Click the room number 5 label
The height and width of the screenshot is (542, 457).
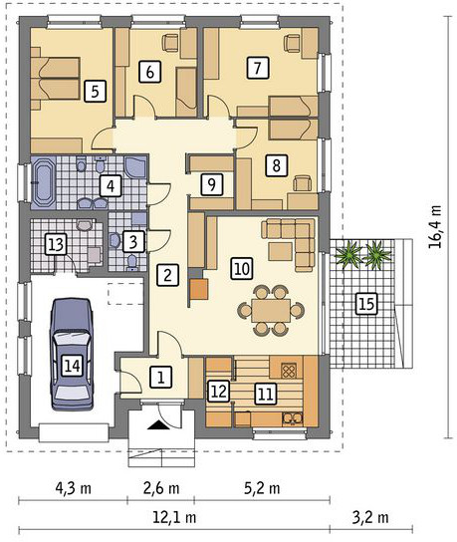coord(95,92)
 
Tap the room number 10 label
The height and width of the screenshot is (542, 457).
coord(242,268)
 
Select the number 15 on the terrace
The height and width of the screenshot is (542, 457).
coord(366,304)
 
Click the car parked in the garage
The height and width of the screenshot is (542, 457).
coord(73,355)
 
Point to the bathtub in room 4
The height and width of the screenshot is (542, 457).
coord(43,183)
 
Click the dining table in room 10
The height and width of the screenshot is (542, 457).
coord(271,310)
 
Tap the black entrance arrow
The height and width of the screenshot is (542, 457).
coord(158,425)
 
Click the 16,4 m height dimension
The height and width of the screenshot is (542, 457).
coord(435,227)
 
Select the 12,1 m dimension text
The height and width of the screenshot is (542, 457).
coord(174,517)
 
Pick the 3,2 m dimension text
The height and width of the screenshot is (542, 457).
coord(370,517)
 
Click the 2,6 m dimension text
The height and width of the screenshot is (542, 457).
coord(161,488)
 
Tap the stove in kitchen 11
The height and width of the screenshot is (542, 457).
coord(289,372)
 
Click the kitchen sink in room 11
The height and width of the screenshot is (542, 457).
coord(293,418)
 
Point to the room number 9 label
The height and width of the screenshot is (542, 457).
coord(211,184)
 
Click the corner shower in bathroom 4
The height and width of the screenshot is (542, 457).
coord(136,168)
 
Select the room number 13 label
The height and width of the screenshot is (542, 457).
coord(56,244)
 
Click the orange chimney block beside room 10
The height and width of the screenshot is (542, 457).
coord(199,289)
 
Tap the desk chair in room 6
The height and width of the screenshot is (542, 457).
coord(170,43)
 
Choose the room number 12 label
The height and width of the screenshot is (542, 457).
coord(219,391)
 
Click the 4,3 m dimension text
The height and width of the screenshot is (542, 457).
coord(74,488)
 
